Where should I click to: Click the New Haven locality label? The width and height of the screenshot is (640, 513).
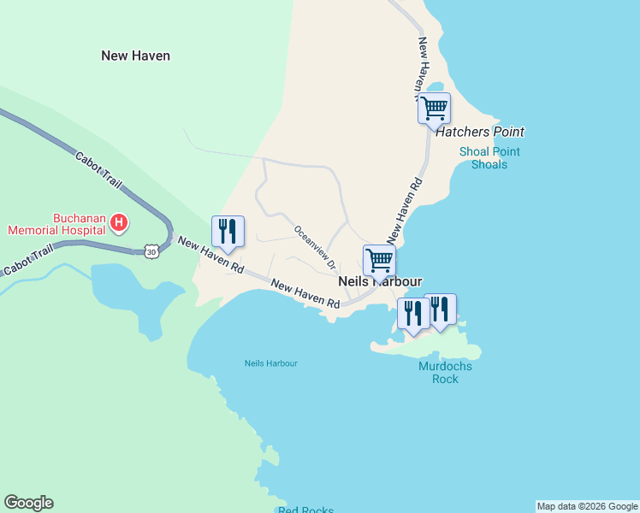coord(135,56)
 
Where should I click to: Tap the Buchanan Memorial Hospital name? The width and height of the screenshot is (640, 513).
coord(56,224)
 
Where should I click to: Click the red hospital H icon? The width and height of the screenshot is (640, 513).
coord(120,224)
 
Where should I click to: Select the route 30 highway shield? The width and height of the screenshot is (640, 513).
coord(151,251)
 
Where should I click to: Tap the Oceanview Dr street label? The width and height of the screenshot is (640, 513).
coord(314,245)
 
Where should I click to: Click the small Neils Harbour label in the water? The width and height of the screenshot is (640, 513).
coord(271,363)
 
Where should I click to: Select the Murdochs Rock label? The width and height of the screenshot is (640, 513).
coord(445,373)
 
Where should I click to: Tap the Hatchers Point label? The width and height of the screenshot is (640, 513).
coord(479,132)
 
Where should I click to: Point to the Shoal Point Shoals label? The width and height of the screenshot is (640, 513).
coord(489,158)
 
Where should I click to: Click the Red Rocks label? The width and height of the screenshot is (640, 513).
coord(306,510)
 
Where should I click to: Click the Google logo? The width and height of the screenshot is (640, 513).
coord(28,503)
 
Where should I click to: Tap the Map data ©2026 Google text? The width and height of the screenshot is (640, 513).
coord(587,506)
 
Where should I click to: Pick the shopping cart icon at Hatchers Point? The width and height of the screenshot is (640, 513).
coord(434,108)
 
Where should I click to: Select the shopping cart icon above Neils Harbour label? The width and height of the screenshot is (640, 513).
coord(379,260)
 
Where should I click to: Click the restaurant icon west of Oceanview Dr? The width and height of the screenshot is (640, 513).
coord(228,231)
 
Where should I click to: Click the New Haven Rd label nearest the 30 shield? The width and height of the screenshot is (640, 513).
coord(210,255)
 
